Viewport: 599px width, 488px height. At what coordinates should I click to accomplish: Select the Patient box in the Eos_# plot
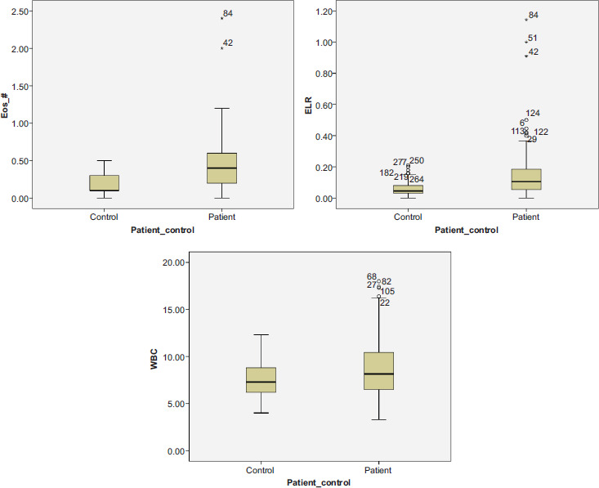221,168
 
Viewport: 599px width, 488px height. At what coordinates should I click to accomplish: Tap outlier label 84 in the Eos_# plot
228,14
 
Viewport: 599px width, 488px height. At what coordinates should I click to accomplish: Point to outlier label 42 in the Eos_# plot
228,43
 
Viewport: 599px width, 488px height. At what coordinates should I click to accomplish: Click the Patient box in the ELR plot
525,179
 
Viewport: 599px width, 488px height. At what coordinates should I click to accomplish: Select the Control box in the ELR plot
408,189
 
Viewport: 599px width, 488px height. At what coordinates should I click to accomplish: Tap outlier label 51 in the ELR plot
533,38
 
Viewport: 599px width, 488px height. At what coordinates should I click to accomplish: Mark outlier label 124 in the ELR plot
533,114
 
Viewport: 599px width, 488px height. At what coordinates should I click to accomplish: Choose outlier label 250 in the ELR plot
417,161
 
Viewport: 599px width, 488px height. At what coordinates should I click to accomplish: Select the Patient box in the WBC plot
378,371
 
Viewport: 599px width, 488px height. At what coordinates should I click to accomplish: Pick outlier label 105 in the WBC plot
388,292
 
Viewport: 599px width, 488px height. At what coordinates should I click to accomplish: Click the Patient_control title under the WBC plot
319,483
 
